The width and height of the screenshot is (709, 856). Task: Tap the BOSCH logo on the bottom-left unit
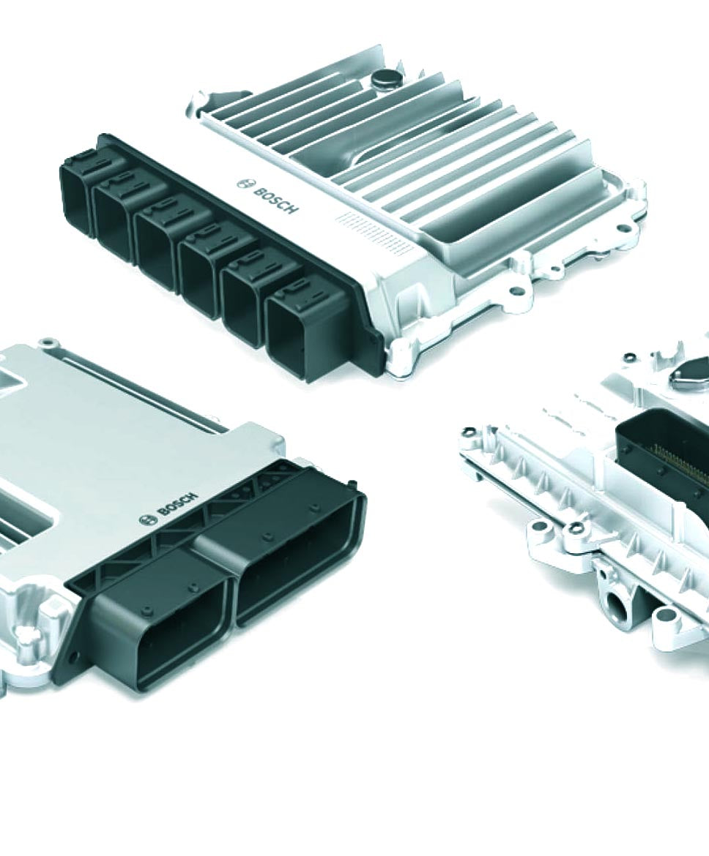169,508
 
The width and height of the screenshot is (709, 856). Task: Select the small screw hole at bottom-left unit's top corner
47,342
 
